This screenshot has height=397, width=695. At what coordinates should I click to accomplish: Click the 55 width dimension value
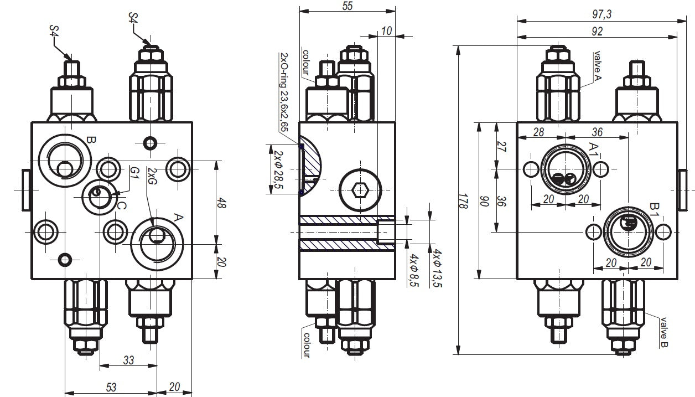pos(347,6)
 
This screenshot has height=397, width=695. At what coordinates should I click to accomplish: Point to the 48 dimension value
pos(221,203)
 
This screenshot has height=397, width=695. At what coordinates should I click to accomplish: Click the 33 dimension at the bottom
pos(128,360)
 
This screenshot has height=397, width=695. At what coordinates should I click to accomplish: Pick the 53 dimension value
pos(111,387)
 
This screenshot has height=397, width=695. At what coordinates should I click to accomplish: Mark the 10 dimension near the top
pos(386,32)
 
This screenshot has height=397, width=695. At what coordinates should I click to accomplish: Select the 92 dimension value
pos(597,32)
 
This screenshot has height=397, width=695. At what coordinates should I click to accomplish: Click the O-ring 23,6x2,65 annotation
pos(284,92)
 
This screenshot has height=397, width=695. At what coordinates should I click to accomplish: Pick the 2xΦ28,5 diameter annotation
pos(277,169)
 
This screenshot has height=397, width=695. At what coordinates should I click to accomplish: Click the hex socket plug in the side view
pos(360,191)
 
